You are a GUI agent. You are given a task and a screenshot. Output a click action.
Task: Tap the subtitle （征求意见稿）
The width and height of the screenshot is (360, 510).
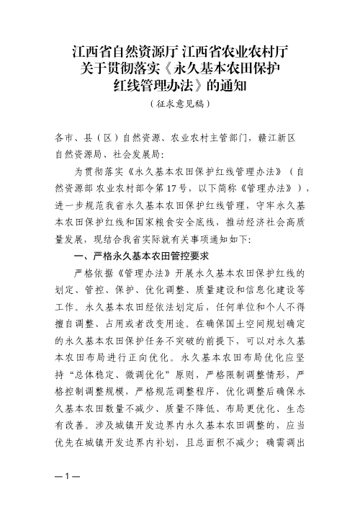point(180,105)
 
